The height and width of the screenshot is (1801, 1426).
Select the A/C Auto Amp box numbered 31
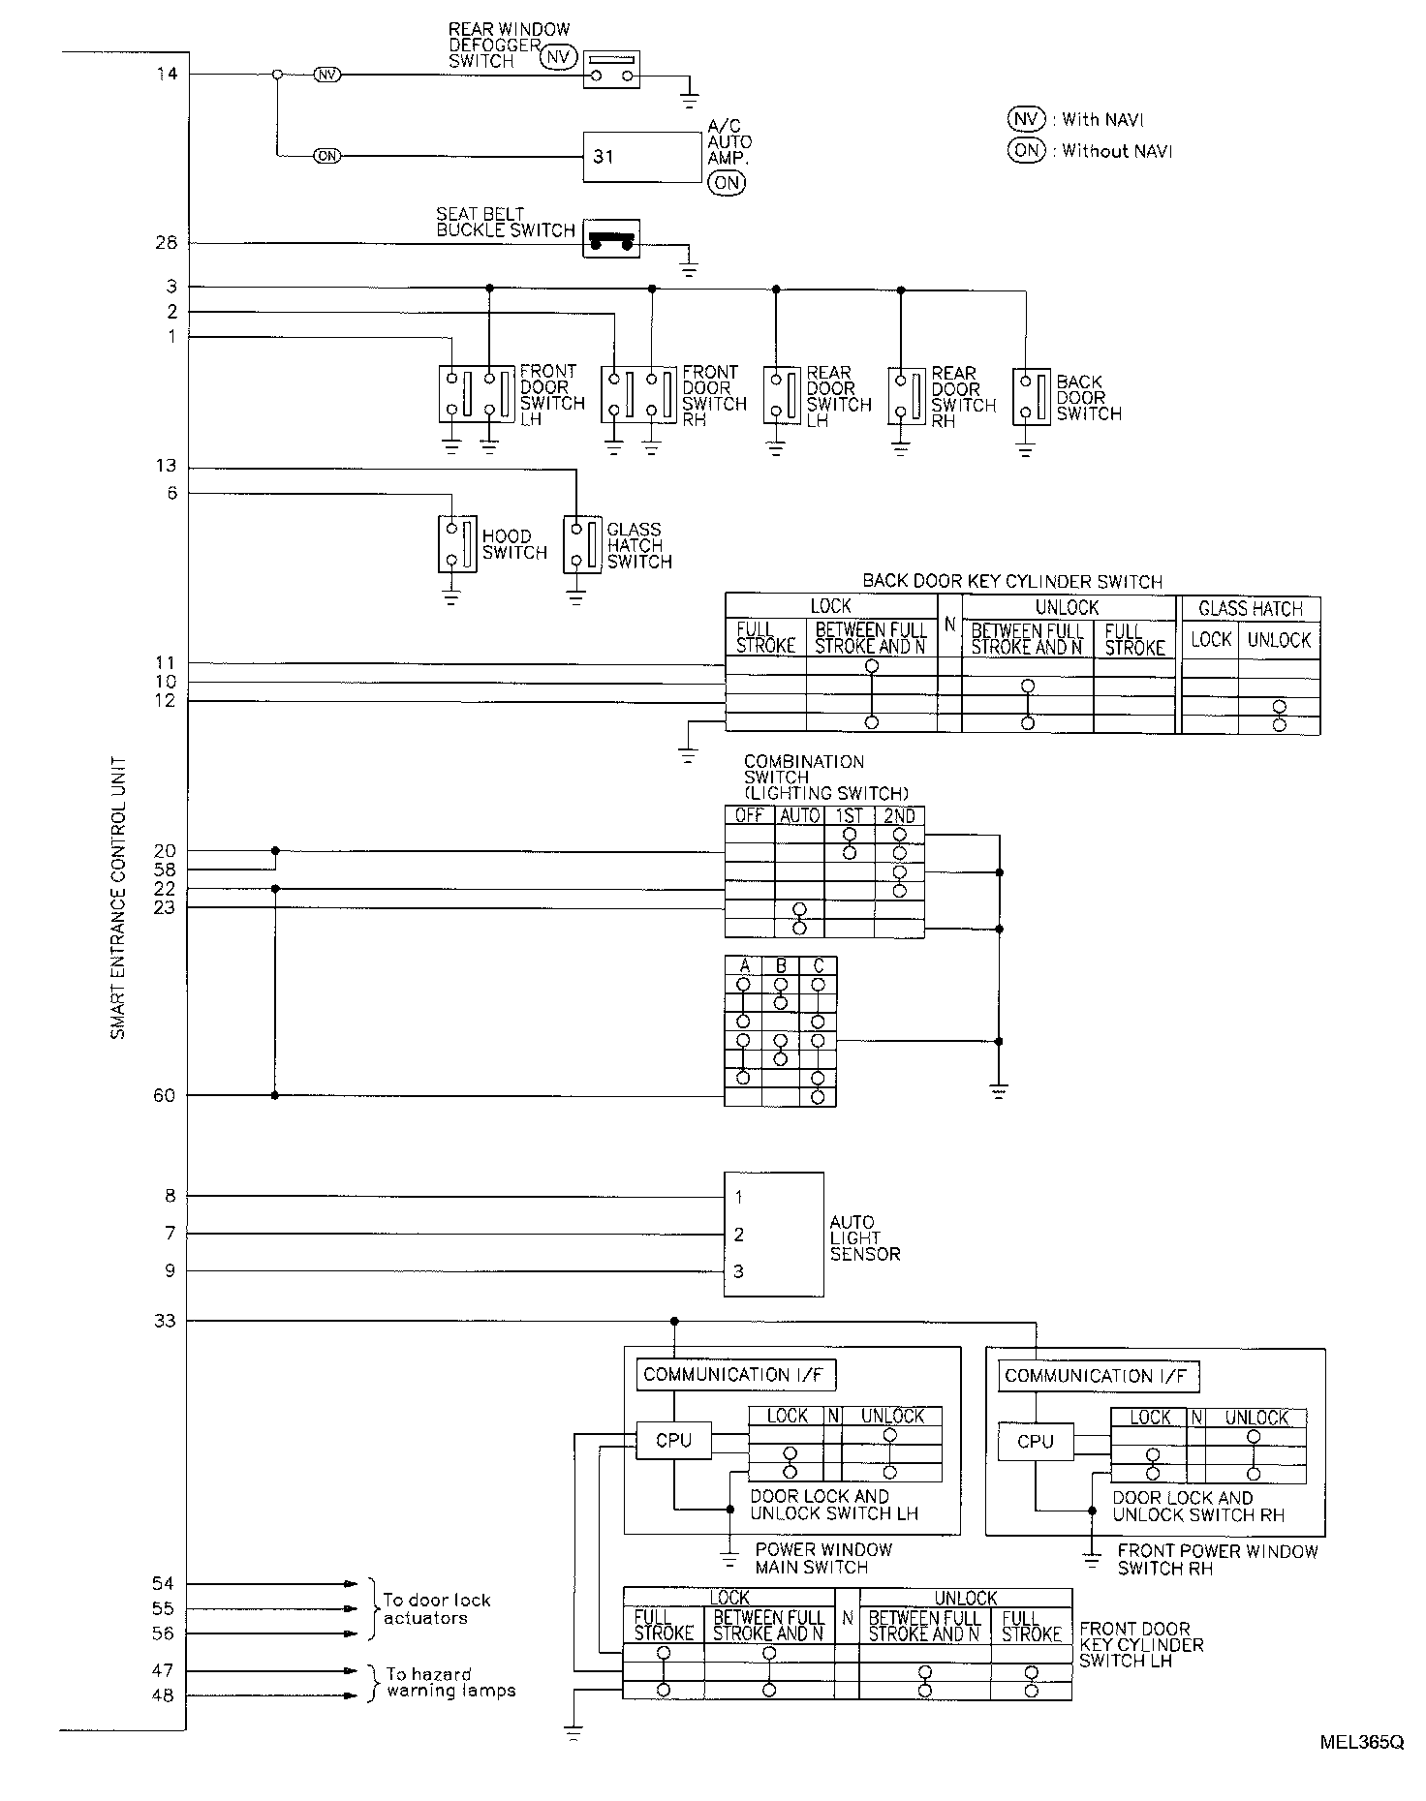click(x=641, y=157)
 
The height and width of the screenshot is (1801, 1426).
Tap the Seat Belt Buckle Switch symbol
click(x=611, y=239)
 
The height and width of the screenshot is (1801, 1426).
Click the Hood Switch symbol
click(x=456, y=544)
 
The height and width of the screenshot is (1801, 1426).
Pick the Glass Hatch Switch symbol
click(x=582, y=544)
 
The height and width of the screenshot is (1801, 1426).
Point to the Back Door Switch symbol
click(x=1032, y=396)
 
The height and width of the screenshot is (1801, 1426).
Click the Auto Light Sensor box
click(x=773, y=1234)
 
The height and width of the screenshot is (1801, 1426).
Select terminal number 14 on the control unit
click(x=167, y=74)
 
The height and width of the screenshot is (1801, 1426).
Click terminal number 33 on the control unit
click(x=167, y=1320)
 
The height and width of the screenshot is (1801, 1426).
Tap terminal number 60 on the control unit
click(x=165, y=1095)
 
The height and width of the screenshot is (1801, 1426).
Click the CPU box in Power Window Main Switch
click(x=673, y=1440)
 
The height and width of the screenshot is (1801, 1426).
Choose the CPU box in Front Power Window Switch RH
click(x=1035, y=1442)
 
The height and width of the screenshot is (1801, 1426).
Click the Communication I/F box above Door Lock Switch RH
click(x=1098, y=1376)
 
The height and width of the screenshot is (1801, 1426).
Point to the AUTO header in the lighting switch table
click(x=799, y=815)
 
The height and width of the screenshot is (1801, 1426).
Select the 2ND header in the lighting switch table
click(x=899, y=815)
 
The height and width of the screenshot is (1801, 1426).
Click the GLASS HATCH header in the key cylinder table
click(x=1250, y=608)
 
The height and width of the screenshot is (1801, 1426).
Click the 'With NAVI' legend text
click(x=1102, y=120)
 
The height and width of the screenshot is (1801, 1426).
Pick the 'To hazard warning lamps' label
click(x=450, y=1682)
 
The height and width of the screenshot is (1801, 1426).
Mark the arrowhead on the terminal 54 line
click(x=352, y=1584)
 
